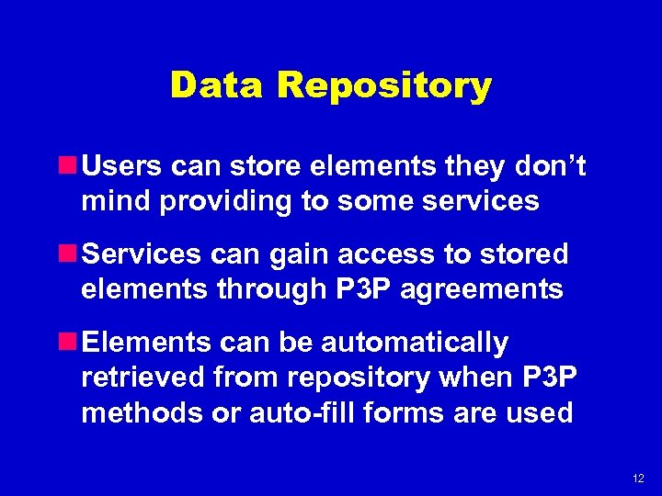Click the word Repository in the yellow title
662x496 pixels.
[x=384, y=86]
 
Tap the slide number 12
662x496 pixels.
[x=638, y=479]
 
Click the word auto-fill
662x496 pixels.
[x=302, y=412]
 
